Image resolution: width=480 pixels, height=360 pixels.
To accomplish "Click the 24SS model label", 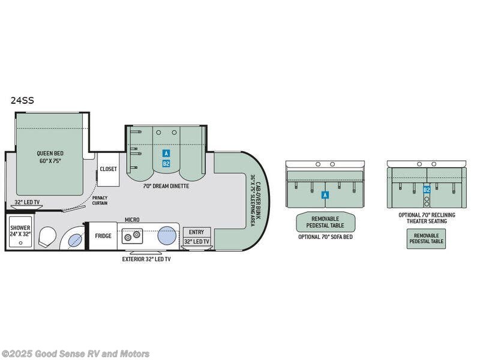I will (22, 101).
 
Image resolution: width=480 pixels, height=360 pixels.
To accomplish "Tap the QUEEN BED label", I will (49, 157).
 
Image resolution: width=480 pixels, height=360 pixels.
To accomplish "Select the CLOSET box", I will (109, 169).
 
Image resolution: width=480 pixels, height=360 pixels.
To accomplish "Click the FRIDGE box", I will (103, 236).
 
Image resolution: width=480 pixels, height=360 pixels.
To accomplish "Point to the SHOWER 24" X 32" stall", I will (20, 232).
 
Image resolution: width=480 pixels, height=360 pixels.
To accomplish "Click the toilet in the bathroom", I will (47, 238).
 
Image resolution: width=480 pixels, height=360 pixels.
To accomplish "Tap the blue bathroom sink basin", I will (74, 241).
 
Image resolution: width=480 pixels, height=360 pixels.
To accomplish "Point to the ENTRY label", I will (196, 232).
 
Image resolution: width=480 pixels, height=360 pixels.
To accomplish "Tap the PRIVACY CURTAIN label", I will (100, 200).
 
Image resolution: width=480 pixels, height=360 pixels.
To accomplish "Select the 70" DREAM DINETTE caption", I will (166, 186).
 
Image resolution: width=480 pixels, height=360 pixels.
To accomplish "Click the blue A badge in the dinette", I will (166, 154).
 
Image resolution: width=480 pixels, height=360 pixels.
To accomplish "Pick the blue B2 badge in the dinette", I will (166, 163).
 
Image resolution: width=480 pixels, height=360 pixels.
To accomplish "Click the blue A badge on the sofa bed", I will (325, 195).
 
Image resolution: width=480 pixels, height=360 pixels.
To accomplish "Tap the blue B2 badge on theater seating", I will (427, 190).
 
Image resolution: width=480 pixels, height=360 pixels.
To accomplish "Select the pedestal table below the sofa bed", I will (325, 221).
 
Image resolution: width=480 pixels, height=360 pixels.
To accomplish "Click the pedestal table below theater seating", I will (427, 239).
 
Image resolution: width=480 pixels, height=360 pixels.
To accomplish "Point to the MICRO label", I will (132, 220).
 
